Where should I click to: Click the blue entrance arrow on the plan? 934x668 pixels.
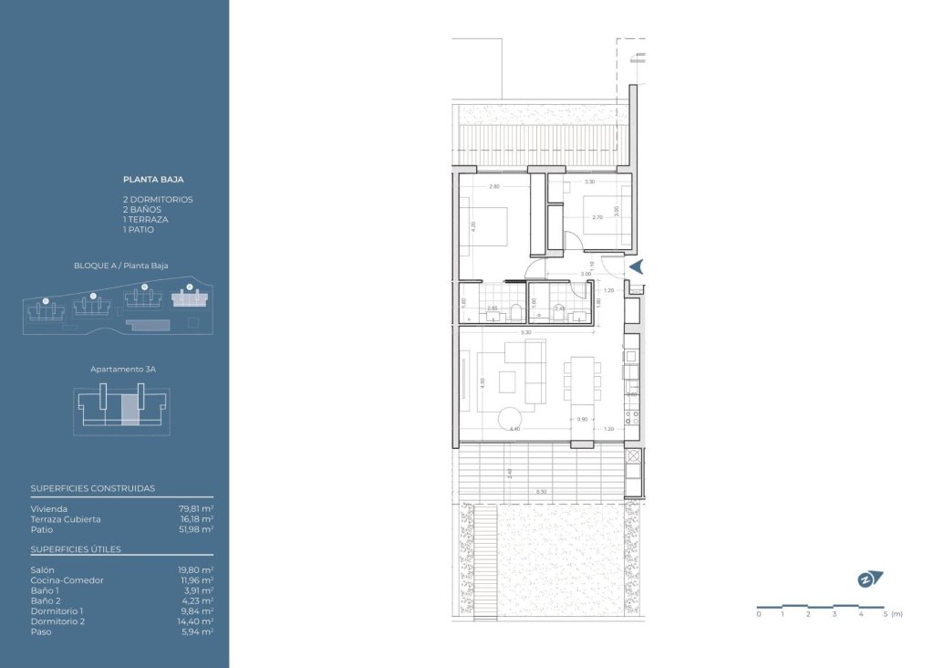[638, 266]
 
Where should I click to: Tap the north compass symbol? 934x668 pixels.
[869, 579]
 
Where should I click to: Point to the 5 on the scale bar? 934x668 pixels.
[886, 614]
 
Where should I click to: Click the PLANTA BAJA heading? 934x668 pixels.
[153, 180]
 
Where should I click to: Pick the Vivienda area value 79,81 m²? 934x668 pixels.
[195, 508]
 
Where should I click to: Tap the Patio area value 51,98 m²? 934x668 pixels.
[195, 528]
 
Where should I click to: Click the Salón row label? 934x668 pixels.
[42, 569]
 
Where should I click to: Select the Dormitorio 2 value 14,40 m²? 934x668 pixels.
[195, 621]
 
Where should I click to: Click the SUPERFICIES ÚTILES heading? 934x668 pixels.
[76, 549]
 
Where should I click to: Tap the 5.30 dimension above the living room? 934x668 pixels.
[526, 333]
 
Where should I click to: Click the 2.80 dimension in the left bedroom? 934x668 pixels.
[494, 186]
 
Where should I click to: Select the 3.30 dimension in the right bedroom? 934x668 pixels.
[589, 182]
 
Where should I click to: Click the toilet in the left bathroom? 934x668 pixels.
[516, 312]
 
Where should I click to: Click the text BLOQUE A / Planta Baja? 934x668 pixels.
[121, 266]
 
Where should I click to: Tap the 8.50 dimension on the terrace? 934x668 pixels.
[542, 493]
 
